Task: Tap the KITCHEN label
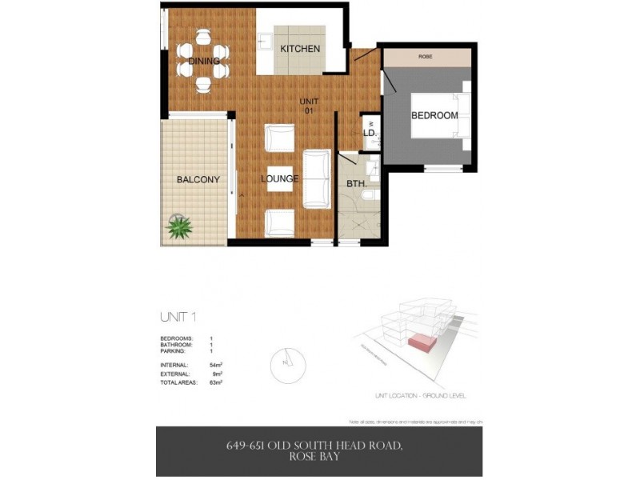coord(300,49)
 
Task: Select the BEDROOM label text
coord(434,115)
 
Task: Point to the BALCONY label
coord(198,179)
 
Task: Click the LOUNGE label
coord(280,178)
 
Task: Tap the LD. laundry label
coord(370,134)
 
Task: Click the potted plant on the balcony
coord(179,227)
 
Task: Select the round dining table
coord(203,55)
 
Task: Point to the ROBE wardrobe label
coord(426,58)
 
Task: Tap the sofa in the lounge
coord(317,178)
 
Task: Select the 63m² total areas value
coord(215,383)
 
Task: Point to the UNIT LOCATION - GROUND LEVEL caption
coord(420,395)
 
